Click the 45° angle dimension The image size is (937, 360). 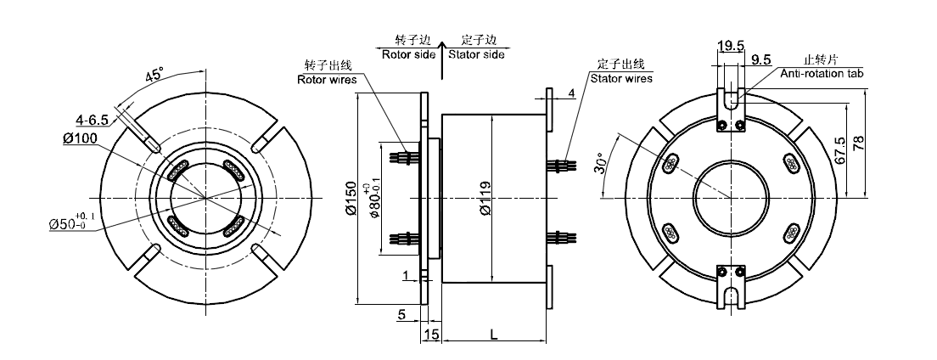154,76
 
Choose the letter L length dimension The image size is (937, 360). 494,334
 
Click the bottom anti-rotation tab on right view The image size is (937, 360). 731,284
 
